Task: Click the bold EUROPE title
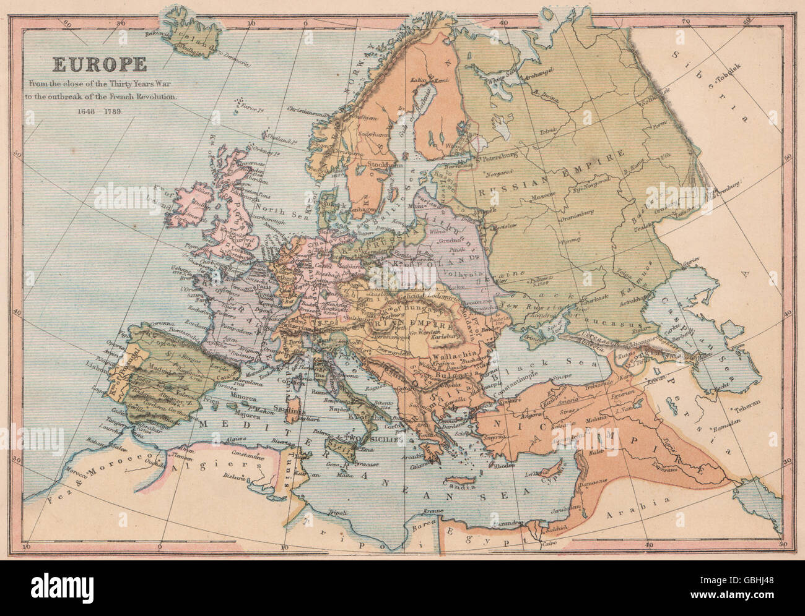[99, 64]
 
